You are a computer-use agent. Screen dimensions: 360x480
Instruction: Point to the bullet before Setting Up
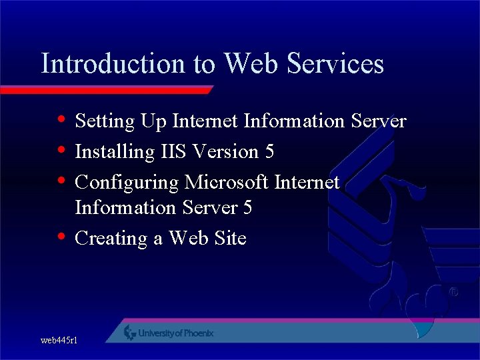(61, 121)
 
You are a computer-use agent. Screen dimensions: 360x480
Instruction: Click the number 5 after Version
(269, 152)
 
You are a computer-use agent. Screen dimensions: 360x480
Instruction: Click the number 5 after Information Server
(247, 208)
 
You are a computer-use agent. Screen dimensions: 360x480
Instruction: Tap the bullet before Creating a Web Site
(61, 237)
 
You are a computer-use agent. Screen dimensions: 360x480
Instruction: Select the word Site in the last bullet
(231, 238)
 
